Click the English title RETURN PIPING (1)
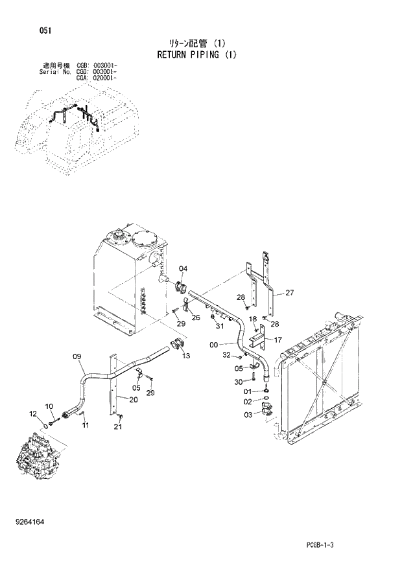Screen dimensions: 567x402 tap(197, 55)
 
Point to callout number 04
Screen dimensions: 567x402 tap(183, 269)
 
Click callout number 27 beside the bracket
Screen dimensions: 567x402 tap(289, 293)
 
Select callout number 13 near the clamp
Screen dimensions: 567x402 tap(186, 356)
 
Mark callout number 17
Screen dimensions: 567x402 tap(278, 340)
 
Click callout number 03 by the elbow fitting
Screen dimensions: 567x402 tap(248, 415)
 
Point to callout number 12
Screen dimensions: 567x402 tap(33, 413)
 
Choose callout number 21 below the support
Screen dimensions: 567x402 tap(117, 426)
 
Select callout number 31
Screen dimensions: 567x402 tap(219, 326)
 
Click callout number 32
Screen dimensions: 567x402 tap(227, 355)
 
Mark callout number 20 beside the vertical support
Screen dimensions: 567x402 tap(134, 400)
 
